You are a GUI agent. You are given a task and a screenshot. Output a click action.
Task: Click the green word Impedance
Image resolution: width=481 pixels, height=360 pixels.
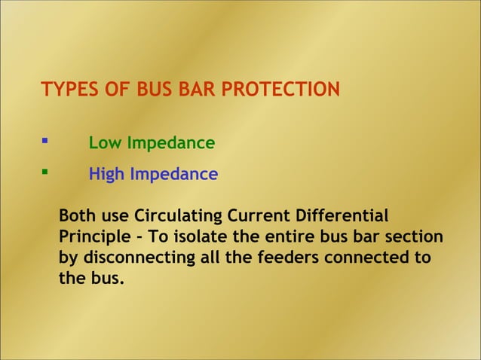coord(170,143)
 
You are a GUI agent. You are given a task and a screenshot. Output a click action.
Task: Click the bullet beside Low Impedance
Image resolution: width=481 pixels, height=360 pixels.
coord(45,141)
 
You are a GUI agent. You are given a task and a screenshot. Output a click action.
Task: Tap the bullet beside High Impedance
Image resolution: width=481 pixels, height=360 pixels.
coord(45,172)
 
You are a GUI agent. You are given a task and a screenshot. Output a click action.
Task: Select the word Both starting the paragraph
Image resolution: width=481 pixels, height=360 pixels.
coord(76,216)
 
